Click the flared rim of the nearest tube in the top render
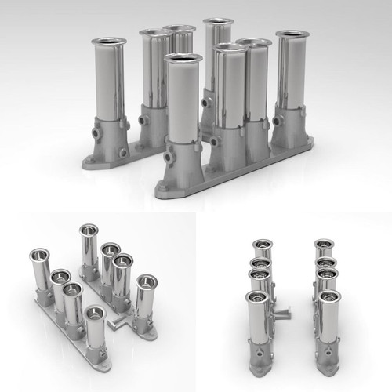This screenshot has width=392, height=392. (183, 58)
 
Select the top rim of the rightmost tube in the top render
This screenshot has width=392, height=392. (292, 35)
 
